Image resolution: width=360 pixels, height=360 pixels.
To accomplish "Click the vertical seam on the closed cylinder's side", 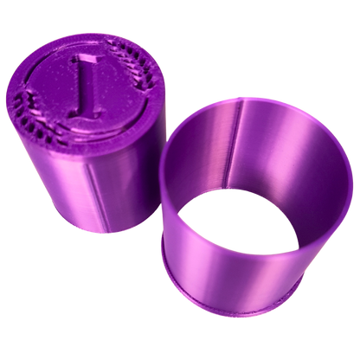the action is click(x=97, y=196).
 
